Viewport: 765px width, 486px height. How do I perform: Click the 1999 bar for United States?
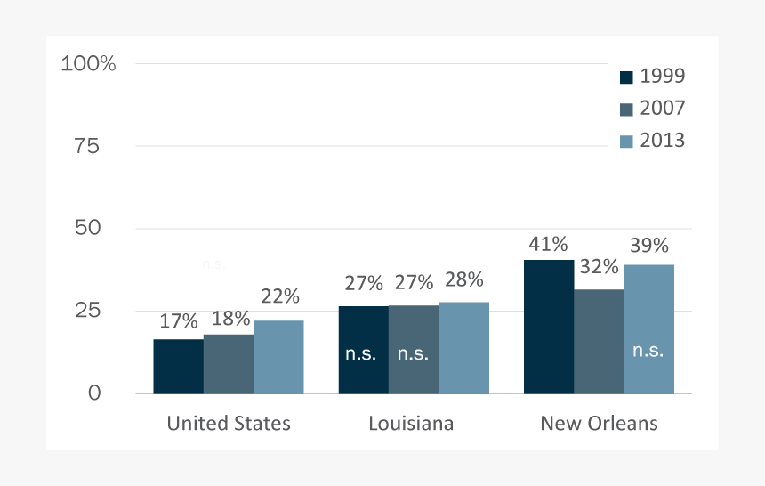(178, 366)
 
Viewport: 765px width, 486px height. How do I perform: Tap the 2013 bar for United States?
(278, 357)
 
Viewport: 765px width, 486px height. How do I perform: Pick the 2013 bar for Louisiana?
(463, 347)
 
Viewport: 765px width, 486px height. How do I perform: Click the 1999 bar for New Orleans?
(549, 326)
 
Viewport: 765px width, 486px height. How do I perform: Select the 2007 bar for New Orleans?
(599, 341)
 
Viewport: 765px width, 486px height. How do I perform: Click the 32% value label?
(599, 266)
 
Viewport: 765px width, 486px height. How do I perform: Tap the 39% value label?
(648, 246)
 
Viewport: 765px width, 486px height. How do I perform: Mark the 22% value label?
(279, 296)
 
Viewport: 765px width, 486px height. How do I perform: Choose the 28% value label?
(463, 279)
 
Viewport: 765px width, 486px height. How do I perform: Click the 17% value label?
(179, 321)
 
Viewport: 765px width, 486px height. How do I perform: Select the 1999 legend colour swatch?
(626, 77)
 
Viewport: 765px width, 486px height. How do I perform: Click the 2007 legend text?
(663, 109)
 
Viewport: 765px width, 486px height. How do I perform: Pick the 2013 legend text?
(663, 141)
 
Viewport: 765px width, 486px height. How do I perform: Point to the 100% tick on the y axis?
(88, 64)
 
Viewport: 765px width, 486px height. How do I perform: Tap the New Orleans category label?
(599, 424)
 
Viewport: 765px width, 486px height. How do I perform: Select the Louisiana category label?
(411, 424)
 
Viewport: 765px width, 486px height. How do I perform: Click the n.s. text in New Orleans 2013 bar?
(648, 351)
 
